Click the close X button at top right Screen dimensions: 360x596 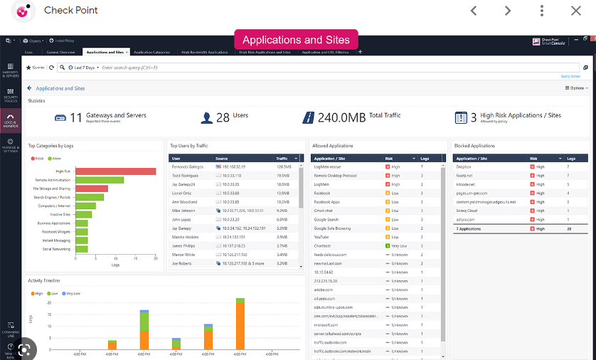tap(575, 11)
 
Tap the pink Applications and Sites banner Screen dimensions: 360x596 tap(296, 40)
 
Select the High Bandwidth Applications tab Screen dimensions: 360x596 tap(204, 52)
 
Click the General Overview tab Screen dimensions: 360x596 tap(61, 52)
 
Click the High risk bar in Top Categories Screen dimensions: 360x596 tap(115, 171)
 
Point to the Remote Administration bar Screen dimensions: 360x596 tap(100, 180)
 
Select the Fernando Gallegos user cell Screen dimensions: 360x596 tap(187, 166)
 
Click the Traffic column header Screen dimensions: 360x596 tap(282, 158)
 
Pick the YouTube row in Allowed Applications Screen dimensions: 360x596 tap(321, 237)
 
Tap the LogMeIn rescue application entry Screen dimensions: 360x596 tap(328, 166)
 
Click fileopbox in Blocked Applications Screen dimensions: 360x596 tap(464, 166)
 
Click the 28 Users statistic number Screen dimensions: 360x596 tap(223, 117)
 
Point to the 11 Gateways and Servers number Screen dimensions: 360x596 tap(76, 117)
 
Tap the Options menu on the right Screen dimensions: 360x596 tap(576, 88)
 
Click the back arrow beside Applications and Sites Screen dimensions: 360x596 tap(30, 88)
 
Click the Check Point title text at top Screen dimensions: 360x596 tap(71, 11)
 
